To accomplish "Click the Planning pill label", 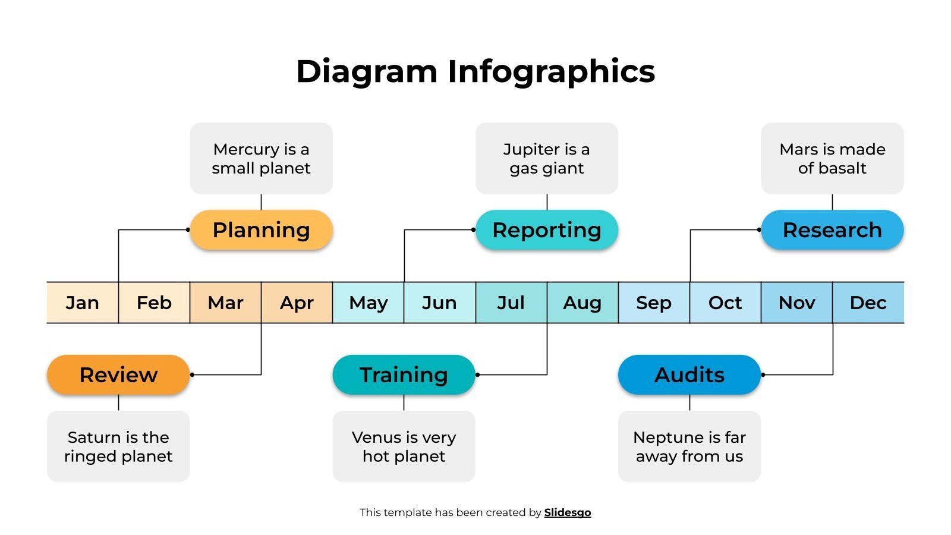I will click(x=261, y=230).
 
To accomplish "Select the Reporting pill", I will click(x=546, y=230).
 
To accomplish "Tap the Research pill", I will click(x=832, y=230).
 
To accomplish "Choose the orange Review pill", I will click(x=118, y=375).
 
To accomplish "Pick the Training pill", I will click(x=404, y=375).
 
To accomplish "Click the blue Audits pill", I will click(x=689, y=375).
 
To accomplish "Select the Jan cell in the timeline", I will click(x=83, y=303).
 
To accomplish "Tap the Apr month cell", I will click(x=297, y=303).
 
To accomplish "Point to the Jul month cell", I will click(x=511, y=303).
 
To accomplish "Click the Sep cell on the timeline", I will click(x=653, y=303).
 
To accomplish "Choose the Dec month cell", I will click(x=868, y=303).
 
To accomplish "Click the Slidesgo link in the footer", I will click(x=567, y=512).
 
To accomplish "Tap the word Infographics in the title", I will click(x=551, y=71).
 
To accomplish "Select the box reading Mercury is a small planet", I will click(x=261, y=158).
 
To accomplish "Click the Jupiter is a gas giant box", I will click(x=546, y=158).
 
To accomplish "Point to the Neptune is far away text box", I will click(x=689, y=446).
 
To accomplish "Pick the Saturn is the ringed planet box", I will click(x=118, y=446).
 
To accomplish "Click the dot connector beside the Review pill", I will click(x=192, y=375).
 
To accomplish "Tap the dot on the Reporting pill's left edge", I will click(x=474, y=230).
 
